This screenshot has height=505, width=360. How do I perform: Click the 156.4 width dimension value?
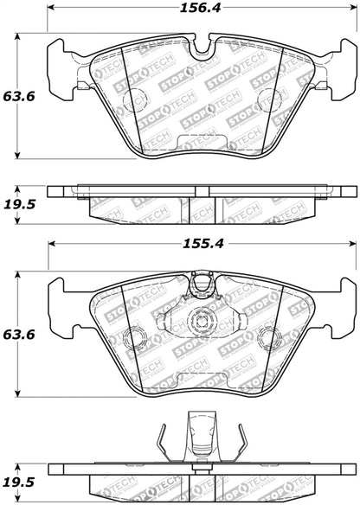[x=200, y=8]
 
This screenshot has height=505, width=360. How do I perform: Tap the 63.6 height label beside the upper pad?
[x=19, y=96]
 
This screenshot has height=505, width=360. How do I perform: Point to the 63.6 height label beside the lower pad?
[x=19, y=335]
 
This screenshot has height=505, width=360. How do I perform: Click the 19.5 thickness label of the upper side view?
[x=19, y=204]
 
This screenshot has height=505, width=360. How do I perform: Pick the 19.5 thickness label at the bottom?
[x=19, y=483]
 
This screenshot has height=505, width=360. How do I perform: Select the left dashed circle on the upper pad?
[x=135, y=99]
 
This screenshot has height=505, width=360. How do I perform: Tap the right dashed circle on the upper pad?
[x=270, y=99]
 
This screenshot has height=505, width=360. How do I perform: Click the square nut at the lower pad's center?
[x=201, y=321]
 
